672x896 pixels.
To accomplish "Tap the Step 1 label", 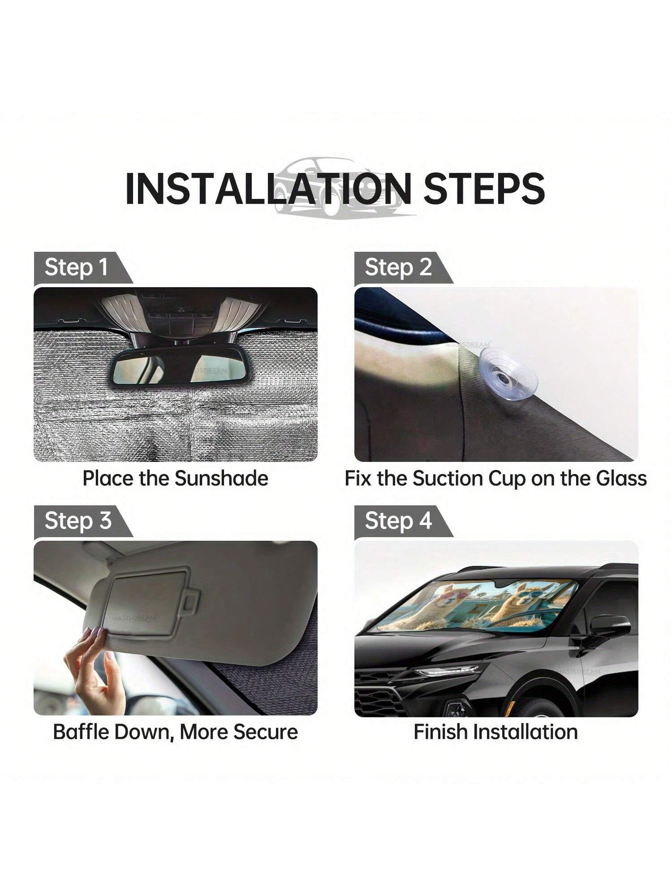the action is [76, 267].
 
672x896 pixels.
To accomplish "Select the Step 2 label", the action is [398, 267].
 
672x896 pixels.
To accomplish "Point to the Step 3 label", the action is [78, 521].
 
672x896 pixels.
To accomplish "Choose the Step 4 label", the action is [398, 521].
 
